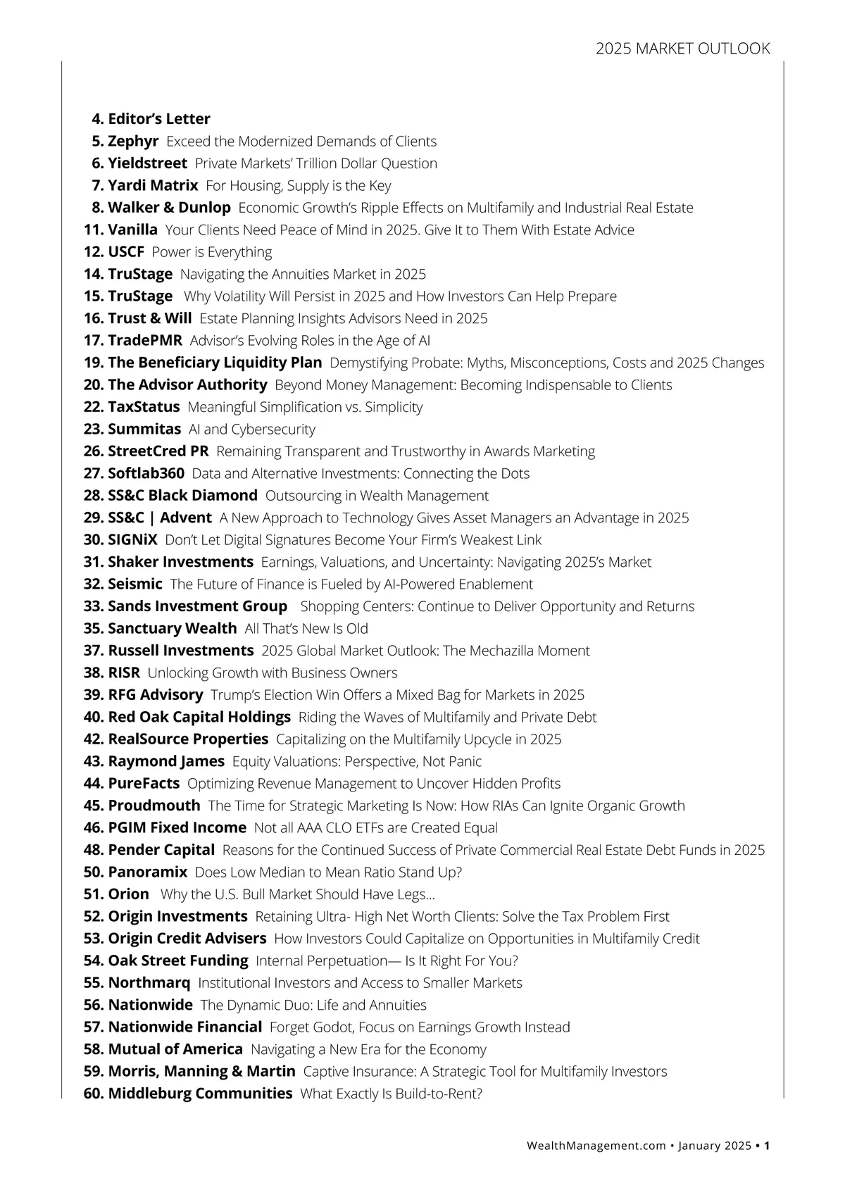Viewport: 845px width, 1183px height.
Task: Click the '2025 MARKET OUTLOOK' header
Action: [x=682, y=49]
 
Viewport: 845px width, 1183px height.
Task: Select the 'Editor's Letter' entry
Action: [x=159, y=119]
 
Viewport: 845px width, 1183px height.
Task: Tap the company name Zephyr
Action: [x=133, y=141]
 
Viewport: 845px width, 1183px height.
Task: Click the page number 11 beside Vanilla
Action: [x=93, y=230]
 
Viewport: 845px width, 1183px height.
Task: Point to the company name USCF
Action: [x=126, y=252]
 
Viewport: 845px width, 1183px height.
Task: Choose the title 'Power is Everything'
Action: [x=212, y=252]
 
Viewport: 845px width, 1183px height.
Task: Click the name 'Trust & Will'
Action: [x=149, y=318]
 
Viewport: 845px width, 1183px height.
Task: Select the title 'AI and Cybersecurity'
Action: [x=252, y=429]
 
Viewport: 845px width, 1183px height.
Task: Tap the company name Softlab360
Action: [x=146, y=473]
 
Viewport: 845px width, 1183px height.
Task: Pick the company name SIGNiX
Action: [x=132, y=540]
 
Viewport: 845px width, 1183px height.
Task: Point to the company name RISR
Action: [x=124, y=672]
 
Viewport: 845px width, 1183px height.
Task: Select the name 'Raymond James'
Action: [x=166, y=761]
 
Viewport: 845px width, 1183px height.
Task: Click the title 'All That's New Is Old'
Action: [x=306, y=628]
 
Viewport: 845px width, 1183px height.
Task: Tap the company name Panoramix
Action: [x=147, y=872]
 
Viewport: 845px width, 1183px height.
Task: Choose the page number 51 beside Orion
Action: [x=93, y=894]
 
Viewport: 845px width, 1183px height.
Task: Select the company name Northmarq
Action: [x=149, y=983]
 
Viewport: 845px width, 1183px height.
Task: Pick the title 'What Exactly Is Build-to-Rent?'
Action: [x=392, y=1094]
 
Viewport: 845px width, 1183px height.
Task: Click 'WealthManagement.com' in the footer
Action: [x=596, y=1146]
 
